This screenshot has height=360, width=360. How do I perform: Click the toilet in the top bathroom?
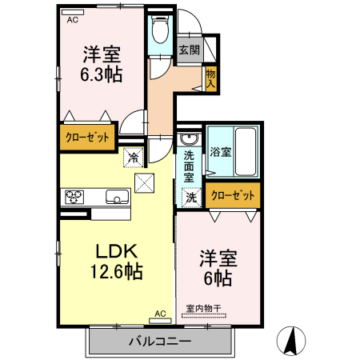click(160, 29)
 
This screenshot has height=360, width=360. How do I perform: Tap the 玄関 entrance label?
click(190, 50)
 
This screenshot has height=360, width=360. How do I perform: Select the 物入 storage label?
click(210, 78)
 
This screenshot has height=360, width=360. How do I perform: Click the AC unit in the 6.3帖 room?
click(73, 12)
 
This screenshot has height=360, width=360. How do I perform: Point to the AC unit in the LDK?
click(160, 321)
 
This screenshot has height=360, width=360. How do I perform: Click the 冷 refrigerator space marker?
click(134, 158)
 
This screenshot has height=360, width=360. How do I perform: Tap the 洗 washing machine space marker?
click(191, 198)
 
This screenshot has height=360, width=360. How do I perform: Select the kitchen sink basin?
click(118, 197)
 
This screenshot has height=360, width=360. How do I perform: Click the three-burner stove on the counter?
click(74, 197)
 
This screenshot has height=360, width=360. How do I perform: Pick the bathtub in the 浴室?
click(246, 151)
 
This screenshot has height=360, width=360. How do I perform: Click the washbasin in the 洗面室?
click(190, 138)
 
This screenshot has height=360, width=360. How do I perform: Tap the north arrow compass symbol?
click(291, 341)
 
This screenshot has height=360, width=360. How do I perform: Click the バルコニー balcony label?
click(160, 341)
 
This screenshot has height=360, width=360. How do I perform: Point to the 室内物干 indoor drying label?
click(203, 309)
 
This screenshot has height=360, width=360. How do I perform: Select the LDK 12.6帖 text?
click(117, 262)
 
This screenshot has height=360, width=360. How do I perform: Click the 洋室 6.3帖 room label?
click(102, 64)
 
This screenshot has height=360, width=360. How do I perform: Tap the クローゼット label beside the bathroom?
click(233, 195)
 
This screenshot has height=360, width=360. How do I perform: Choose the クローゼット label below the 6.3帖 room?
click(87, 138)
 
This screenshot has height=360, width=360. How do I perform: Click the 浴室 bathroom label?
click(221, 152)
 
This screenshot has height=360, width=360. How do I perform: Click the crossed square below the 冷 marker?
click(144, 183)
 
